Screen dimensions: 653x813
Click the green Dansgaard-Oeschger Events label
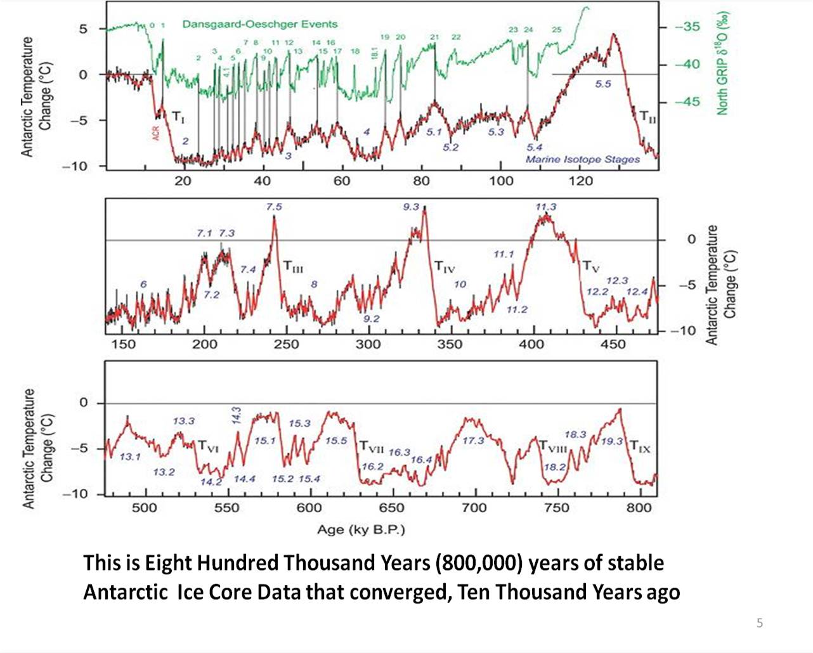(x=259, y=24)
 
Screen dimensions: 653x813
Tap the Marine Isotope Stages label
(x=582, y=159)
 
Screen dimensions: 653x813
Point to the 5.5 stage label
(x=602, y=84)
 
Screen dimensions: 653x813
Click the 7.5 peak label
(x=274, y=207)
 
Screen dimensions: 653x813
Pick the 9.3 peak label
(x=411, y=207)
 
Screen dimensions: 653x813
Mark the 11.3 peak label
(x=545, y=207)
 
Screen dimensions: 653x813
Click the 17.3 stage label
(x=473, y=441)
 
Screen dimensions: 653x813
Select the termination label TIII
(x=292, y=266)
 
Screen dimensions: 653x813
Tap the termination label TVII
(x=372, y=448)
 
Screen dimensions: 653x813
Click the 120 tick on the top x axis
(x=580, y=181)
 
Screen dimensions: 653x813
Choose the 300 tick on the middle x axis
(x=368, y=344)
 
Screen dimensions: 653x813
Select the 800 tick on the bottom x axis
(x=639, y=508)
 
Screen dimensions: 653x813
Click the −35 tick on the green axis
(x=687, y=27)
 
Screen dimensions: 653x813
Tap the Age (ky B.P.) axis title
(x=360, y=529)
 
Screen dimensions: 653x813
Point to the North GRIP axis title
(x=722, y=63)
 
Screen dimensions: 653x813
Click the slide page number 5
(x=760, y=623)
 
